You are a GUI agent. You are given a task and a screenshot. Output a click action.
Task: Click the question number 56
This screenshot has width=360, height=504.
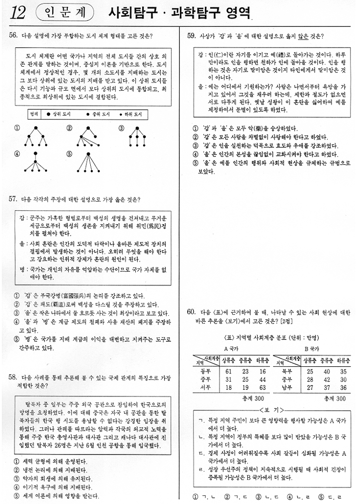coord(13,36)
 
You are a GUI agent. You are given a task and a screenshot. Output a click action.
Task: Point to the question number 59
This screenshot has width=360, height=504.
coord(192,36)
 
